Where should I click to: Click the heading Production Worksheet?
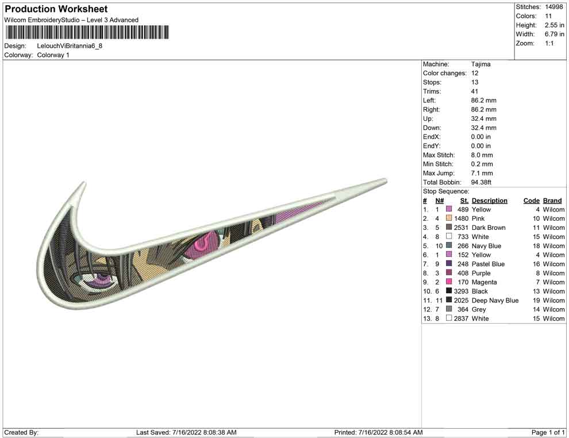coord(56,9)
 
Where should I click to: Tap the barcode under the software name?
coord(87,32)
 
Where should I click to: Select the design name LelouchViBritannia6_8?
coord(70,46)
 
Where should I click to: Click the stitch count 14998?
coord(553,7)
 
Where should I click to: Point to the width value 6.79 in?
coord(554,34)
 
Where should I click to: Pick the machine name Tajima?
coord(481,64)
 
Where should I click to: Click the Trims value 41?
coord(475,91)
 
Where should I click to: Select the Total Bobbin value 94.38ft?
coord(481,182)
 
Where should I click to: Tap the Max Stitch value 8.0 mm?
coord(482,155)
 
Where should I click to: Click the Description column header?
coord(490,201)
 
